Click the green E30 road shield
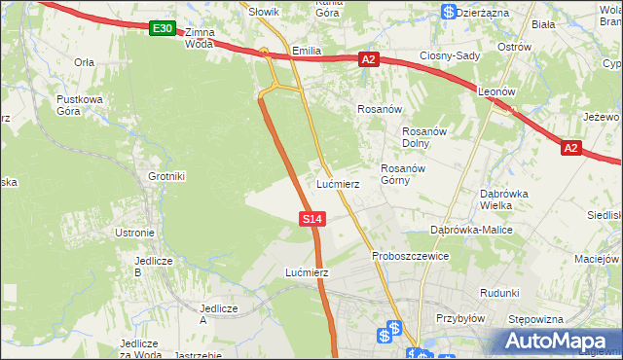click(163, 30)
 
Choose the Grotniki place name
click(166, 176)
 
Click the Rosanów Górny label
click(401, 174)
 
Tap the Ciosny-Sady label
click(450, 55)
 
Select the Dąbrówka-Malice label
click(471, 230)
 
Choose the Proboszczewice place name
click(410, 256)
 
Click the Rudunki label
click(499, 292)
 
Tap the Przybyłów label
click(460, 318)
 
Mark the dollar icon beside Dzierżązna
click(447, 12)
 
